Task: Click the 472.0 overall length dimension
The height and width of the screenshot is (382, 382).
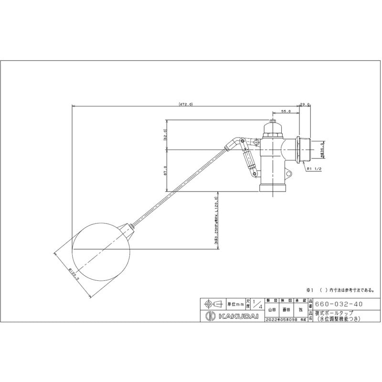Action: click(x=186, y=104)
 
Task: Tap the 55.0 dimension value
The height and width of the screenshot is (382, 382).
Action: click(x=286, y=111)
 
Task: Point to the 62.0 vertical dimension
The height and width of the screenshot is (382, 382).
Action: click(x=165, y=135)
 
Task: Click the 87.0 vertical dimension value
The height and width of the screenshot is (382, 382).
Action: click(x=165, y=171)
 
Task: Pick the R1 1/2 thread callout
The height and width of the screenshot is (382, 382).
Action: click(x=313, y=169)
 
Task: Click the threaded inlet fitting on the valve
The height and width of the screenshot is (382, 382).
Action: click(x=304, y=149)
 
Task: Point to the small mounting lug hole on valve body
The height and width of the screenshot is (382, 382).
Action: click(x=257, y=142)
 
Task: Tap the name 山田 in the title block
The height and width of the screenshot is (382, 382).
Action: click(x=271, y=310)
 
